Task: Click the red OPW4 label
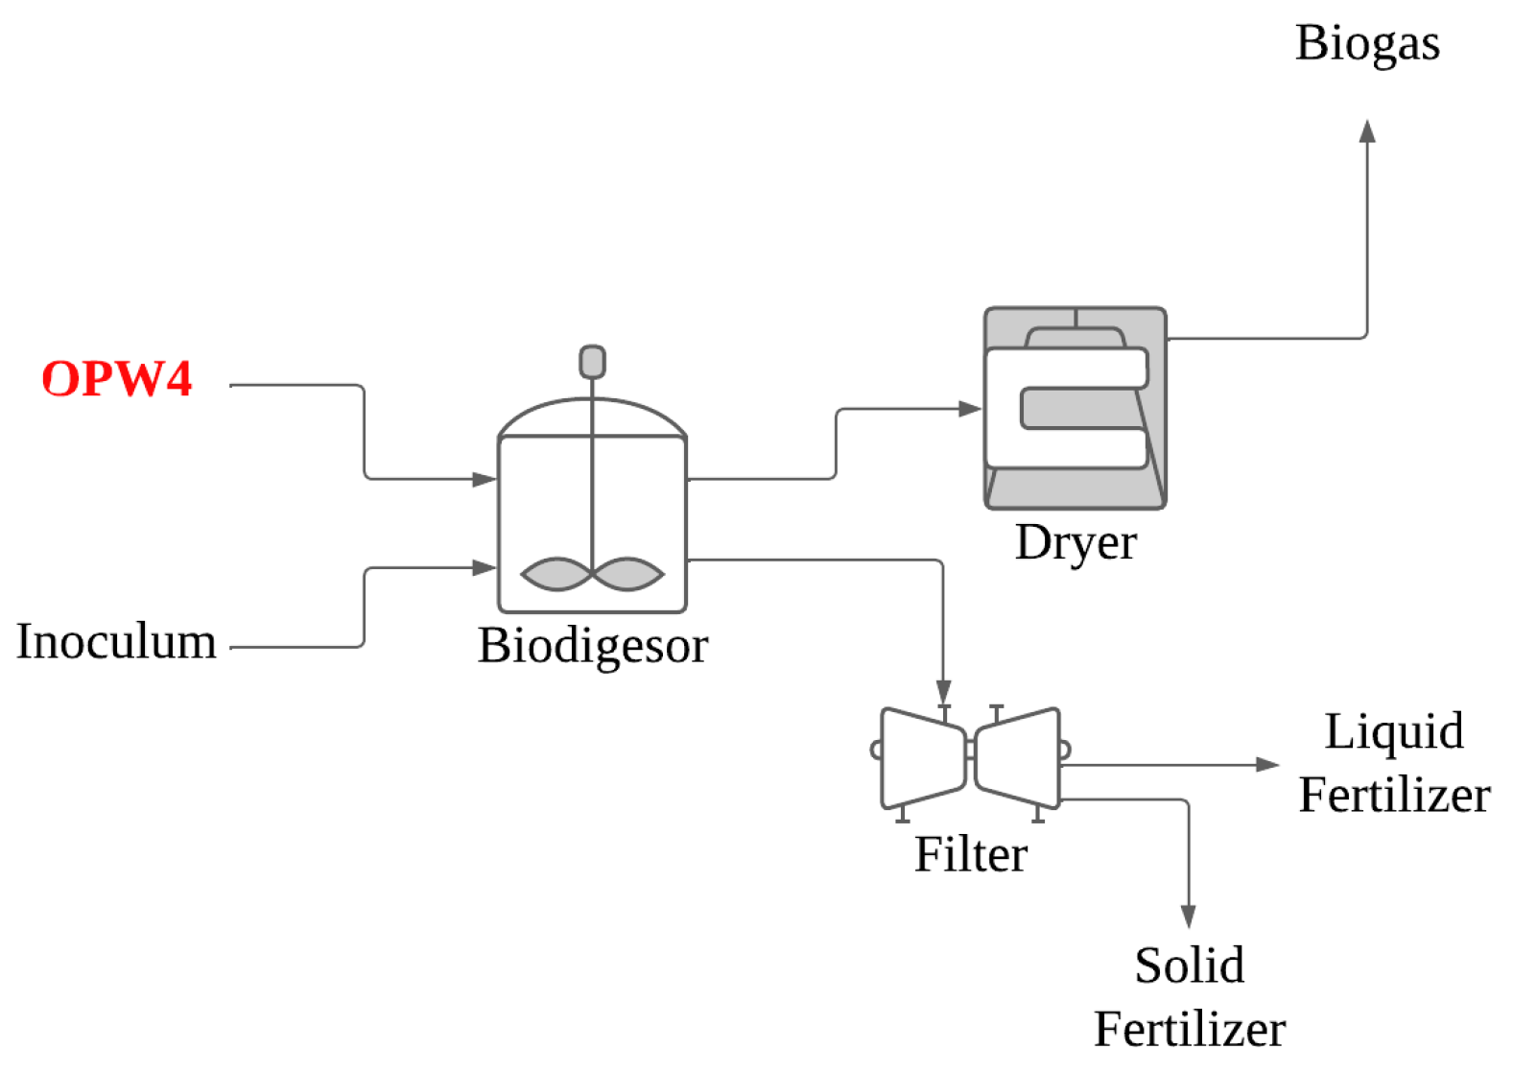click(x=116, y=378)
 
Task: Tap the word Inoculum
click(x=116, y=641)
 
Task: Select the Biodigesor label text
click(x=592, y=645)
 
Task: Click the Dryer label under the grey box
click(x=1076, y=542)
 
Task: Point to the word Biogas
click(x=1366, y=43)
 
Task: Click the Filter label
click(x=970, y=854)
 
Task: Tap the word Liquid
click(x=1393, y=731)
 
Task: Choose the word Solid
click(x=1189, y=966)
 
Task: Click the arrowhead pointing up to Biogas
click(x=1367, y=131)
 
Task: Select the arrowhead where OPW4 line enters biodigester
click(x=485, y=479)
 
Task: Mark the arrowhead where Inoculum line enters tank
click(x=485, y=568)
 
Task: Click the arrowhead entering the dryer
click(x=970, y=409)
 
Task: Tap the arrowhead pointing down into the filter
click(x=943, y=692)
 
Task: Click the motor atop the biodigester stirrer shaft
click(x=592, y=362)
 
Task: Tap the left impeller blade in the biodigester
click(x=556, y=574)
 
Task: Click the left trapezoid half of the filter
click(x=921, y=757)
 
